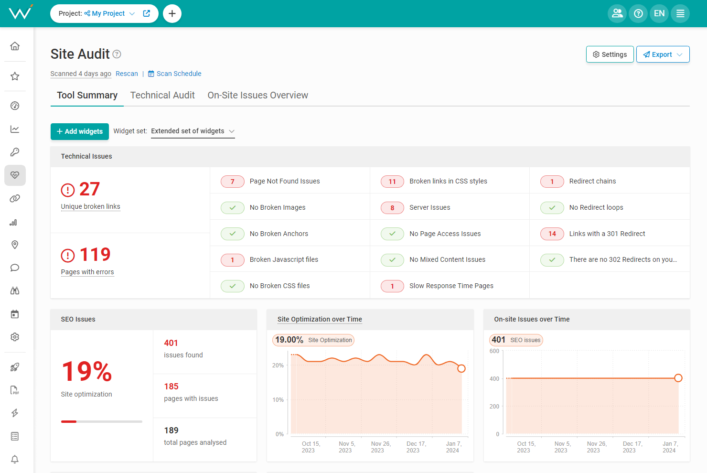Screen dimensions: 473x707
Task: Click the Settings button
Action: [610, 54]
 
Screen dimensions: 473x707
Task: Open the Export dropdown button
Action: [663, 54]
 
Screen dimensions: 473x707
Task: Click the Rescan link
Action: [127, 74]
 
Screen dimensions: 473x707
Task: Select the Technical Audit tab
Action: [162, 95]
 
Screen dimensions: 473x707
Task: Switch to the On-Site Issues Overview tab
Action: [257, 95]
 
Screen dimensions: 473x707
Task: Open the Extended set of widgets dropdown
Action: [193, 131]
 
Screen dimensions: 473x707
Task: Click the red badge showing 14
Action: [552, 234]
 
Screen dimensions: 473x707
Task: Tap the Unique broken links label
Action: [90, 206]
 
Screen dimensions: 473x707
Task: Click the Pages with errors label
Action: [87, 272]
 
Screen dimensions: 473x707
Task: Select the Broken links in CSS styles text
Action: [448, 181]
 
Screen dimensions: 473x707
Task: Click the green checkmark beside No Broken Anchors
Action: [233, 234]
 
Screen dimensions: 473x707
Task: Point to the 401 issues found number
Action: [171, 343]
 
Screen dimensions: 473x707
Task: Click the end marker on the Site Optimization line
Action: [461, 368]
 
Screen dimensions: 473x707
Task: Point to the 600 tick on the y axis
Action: [494, 351]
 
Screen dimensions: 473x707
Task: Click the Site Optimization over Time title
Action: [320, 319]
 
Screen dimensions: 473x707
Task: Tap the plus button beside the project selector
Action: [172, 13]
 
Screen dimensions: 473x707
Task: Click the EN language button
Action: [659, 13]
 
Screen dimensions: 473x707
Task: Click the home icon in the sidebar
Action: [15, 46]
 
